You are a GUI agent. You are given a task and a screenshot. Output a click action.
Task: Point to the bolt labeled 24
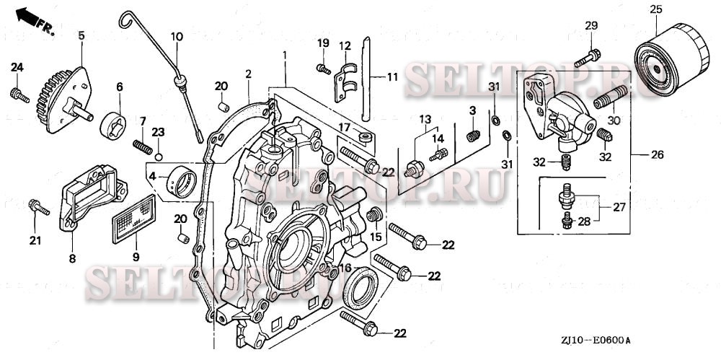pos(19,95)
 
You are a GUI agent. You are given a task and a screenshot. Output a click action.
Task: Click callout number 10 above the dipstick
pos(177,36)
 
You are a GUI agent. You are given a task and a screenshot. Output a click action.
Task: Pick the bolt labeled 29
pos(588,55)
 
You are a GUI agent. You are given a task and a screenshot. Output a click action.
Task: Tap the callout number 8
pos(72,258)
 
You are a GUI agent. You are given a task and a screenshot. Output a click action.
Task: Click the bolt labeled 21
pos(38,208)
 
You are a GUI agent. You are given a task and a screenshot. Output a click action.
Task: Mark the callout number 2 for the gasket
pos(248,74)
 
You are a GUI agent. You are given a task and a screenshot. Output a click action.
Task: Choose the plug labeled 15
pos(374,215)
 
